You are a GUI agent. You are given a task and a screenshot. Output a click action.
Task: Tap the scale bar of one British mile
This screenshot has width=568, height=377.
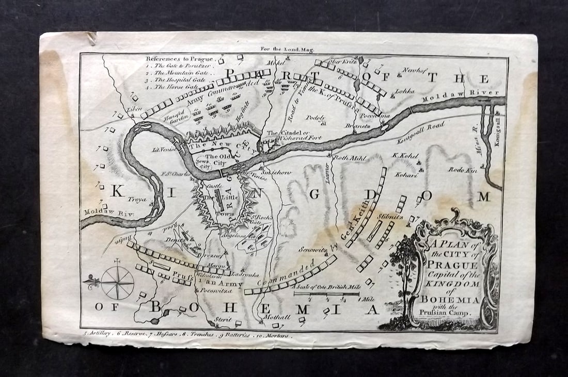tap(326, 294)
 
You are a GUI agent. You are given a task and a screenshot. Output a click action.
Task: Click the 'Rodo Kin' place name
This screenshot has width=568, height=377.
tap(462, 169)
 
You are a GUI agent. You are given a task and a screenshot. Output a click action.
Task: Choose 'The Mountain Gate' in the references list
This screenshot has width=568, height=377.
tap(169, 73)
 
